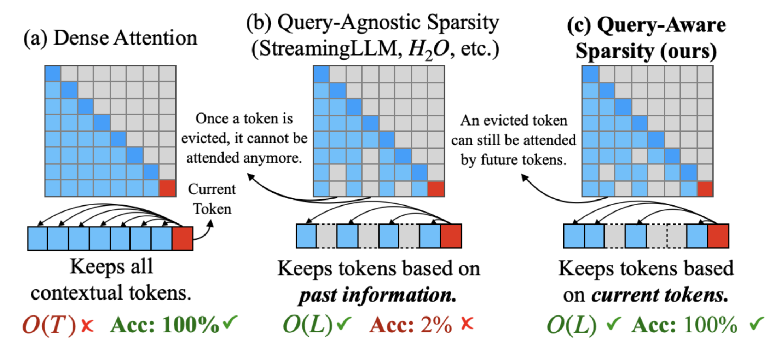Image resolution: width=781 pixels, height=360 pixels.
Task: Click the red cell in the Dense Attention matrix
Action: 167,188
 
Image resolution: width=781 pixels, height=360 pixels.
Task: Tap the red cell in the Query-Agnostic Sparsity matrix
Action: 436,188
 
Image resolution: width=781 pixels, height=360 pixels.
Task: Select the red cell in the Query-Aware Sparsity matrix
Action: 705,188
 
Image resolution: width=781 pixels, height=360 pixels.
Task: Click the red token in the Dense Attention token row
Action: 183,238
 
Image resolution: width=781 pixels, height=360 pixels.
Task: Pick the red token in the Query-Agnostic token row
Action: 451,236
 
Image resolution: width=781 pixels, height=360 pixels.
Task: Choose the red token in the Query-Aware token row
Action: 718,236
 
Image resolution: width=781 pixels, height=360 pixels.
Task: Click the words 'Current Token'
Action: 212,199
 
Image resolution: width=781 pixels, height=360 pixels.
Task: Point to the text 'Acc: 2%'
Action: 411,325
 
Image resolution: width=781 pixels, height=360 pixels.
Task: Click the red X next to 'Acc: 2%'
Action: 467,323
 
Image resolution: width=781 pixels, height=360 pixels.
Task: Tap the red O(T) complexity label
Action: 49,325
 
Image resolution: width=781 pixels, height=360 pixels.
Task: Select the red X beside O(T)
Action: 87,325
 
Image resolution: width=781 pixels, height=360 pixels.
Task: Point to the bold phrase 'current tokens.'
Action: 660,295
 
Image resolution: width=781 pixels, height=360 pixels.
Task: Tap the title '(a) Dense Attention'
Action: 110,38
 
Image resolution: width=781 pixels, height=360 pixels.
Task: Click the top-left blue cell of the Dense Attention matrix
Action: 53,74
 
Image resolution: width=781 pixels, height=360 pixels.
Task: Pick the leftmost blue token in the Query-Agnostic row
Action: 306,236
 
